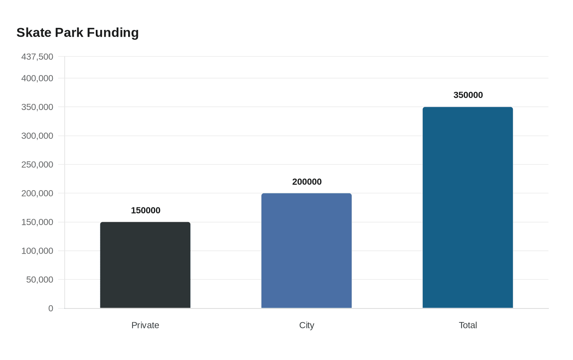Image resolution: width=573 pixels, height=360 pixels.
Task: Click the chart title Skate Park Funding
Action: coord(77,32)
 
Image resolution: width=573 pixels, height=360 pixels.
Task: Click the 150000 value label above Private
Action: coord(146,210)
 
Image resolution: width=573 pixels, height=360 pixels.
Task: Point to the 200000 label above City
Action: coord(307,182)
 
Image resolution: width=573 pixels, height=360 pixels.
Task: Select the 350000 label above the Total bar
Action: coord(468,95)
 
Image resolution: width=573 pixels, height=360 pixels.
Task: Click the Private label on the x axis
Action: coord(145,325)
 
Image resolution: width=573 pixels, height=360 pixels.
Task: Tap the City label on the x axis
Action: coord(307,325)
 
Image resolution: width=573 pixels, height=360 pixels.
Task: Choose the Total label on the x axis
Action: coord(468,325)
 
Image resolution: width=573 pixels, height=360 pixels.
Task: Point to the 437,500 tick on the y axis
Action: coord(37,56)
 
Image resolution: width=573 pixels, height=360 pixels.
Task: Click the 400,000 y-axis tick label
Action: coord(37,78)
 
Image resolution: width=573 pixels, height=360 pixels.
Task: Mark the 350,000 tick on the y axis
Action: coord(37,107)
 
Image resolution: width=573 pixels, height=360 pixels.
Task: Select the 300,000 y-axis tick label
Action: coord(37,136)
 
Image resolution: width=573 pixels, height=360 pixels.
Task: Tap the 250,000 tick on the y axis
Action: coord(37,164)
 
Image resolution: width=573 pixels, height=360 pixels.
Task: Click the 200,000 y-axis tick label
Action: coord(37,193)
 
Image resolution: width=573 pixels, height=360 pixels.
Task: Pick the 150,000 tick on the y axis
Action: coord(37,222)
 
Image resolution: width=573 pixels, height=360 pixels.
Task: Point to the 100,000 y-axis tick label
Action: coord(37,251)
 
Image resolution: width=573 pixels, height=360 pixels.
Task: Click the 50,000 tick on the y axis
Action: coord(40,279)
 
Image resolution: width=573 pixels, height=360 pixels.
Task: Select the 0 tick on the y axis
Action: coord(51,308)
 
